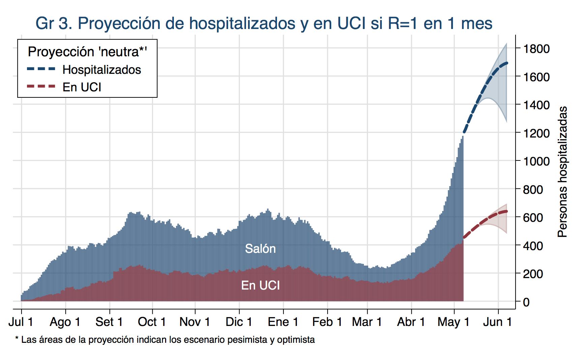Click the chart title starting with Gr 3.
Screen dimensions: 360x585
point(264,23)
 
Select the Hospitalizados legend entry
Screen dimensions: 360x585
point(101,70)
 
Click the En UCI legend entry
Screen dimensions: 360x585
point(82,87)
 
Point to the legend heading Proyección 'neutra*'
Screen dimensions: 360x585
point(87,52)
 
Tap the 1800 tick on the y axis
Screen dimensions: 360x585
point(536,49)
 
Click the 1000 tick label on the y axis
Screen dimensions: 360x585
point(536,161)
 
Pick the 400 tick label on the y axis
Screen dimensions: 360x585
point(533,246)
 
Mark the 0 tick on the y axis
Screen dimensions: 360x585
point(526,302)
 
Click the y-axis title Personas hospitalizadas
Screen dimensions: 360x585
point(562,172)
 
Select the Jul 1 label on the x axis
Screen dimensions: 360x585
point(21,322)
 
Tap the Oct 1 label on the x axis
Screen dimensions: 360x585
point(152,322)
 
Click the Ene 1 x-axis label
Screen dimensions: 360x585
point(283,322)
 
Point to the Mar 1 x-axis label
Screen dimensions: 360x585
point(367,322)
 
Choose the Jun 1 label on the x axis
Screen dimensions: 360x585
point(497,322)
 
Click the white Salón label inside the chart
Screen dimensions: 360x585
point(260,249)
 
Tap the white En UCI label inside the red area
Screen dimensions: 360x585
point(260,286)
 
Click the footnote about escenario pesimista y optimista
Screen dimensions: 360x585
point(165,340)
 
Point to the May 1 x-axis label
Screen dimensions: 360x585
point(454,322)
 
